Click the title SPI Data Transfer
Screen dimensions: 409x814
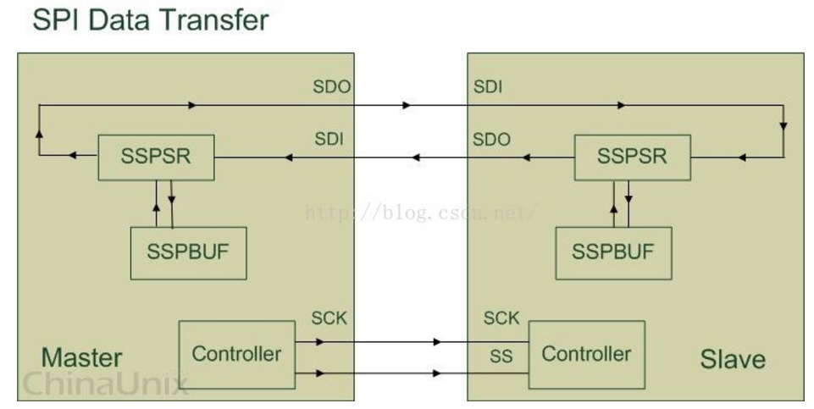pos(150,19)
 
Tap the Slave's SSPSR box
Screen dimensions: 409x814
pos(632,158)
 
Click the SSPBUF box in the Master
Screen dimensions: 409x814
pos(188,253)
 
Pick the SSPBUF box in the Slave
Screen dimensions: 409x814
pos(612,252)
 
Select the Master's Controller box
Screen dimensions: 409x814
pos(236,353)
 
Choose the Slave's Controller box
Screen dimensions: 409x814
pos(586,353)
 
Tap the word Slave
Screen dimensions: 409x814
pos(733,359)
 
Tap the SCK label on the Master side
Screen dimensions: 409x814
pos(329,320)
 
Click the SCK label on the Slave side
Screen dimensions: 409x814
pos(501,319)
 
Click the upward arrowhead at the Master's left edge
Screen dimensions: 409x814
pos(38,132)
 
